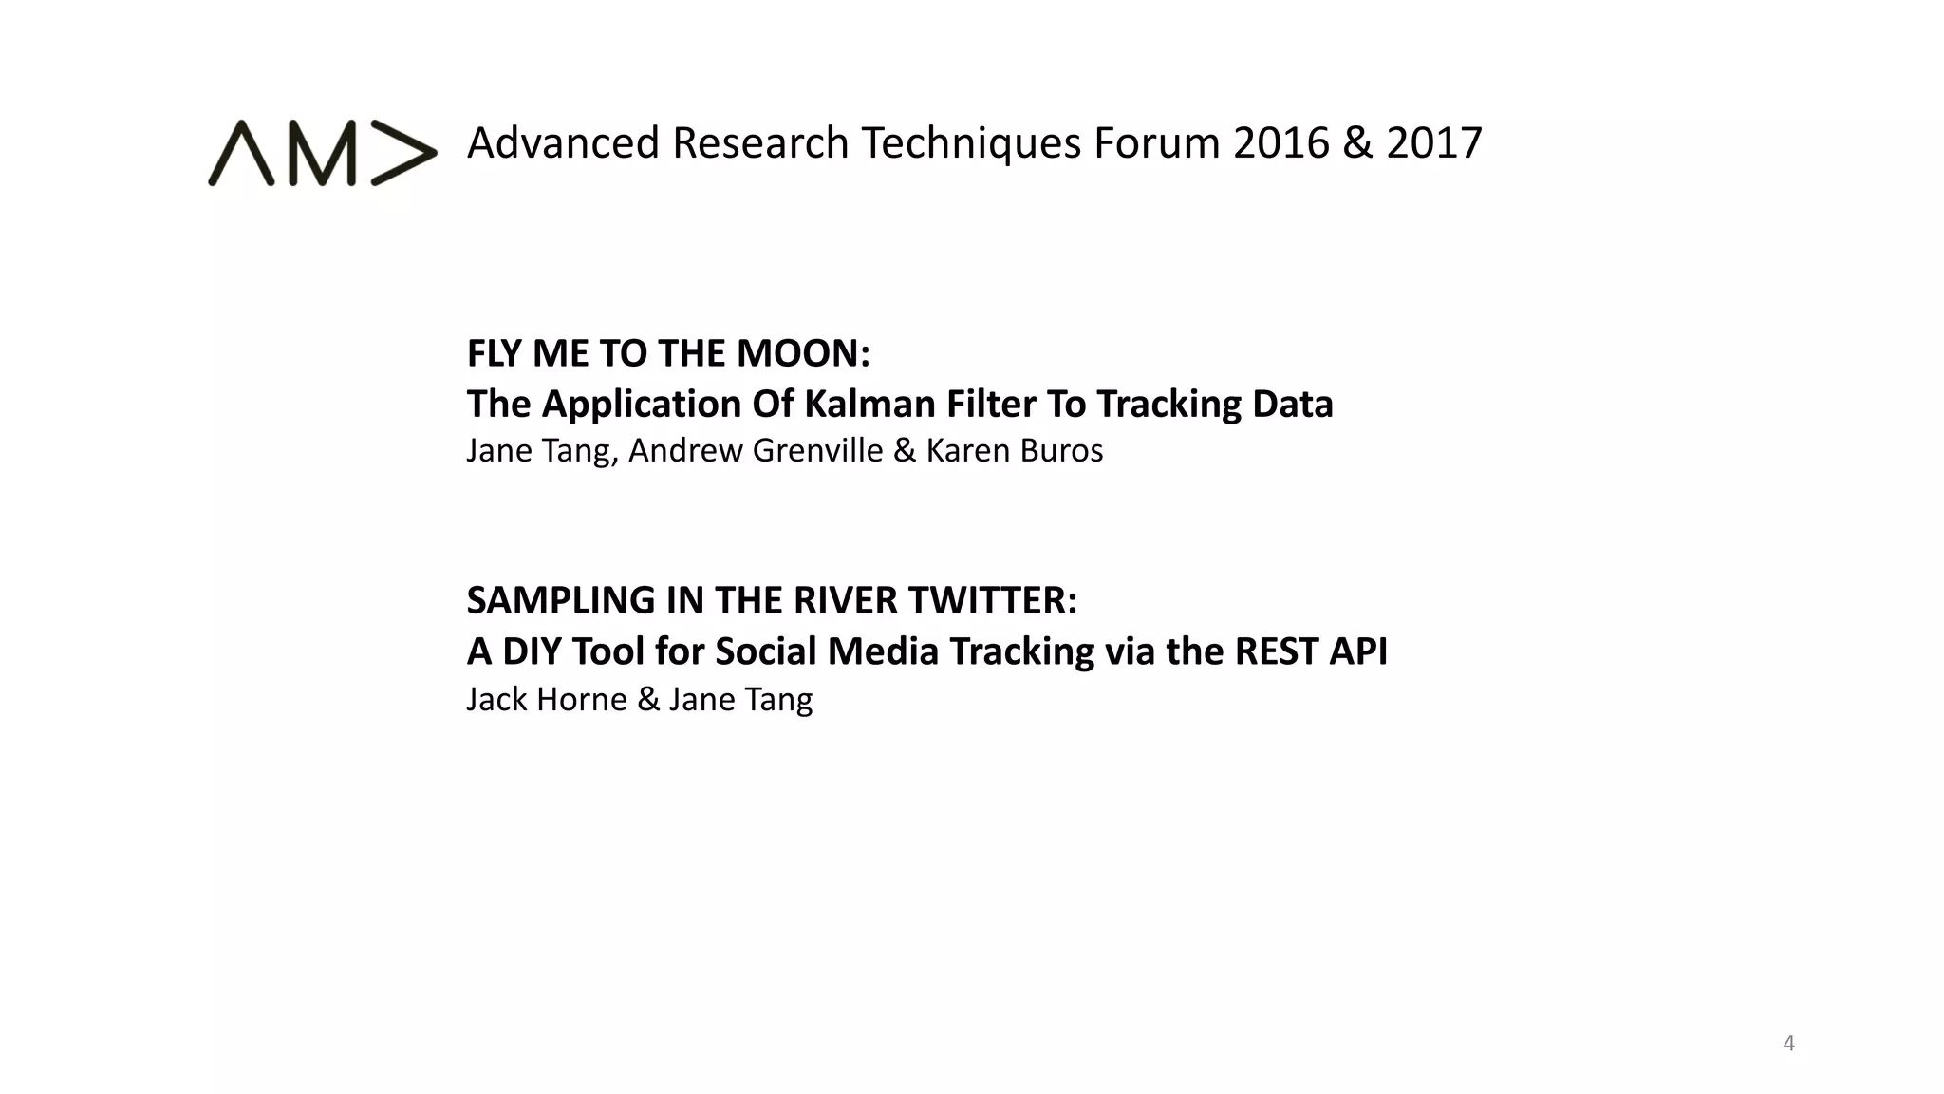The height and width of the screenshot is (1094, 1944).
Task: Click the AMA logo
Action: (x=322, y=153)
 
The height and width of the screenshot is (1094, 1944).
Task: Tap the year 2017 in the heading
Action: (x=1434, y=143)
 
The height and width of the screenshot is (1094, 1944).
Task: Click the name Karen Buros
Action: (x=1015, y=450)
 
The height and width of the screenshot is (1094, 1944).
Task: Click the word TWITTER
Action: (x=993, y=600)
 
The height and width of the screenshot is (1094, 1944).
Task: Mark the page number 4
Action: (x=1789, y=1044)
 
